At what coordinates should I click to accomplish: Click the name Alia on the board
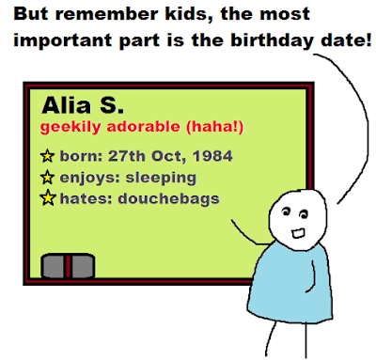click(x=66, y=105)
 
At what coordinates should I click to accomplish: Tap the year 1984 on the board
click(x=212, y=156)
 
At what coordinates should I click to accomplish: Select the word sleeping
click(x=161, y=179)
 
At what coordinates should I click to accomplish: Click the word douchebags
click(x=168, y=198)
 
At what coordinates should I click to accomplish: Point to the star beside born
click(x=47, y=156)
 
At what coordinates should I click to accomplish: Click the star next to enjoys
click(x=47, y=177)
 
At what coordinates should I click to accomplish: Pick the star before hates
click(x=48, y=197)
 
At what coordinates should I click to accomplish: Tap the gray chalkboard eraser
click(x=68, y=266)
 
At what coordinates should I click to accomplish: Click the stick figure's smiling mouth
click(x=298, y=233)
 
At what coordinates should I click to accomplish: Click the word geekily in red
click(x=70, y=128)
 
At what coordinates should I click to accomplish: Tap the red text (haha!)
click(x=215, y=127)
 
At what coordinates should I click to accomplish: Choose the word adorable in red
click(x=143, y=127)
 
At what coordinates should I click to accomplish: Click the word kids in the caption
click(x=188, y=14)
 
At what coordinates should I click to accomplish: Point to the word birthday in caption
click(x=273, y=41)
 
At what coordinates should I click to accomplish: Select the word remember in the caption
click(x=106, y=14)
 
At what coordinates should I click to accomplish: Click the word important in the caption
click(x=63, y=41)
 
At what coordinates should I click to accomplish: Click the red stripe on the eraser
click(x=68, y=266)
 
